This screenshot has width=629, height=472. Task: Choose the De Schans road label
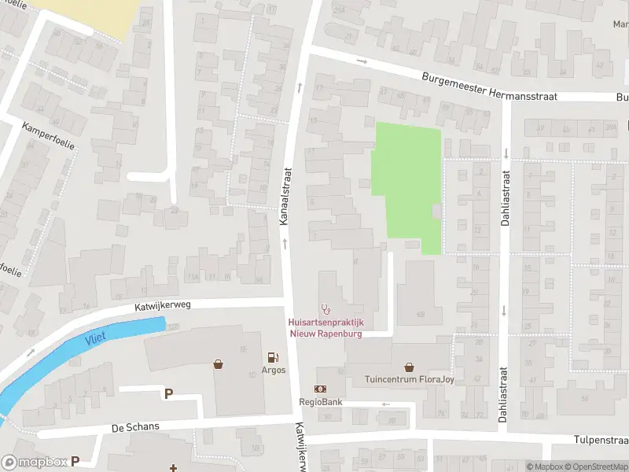tap(135, 426)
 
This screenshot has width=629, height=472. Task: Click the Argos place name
tap(274, 371)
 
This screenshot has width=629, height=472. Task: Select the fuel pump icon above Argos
tap(274, 357)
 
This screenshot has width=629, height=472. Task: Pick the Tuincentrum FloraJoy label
tap(409, 380)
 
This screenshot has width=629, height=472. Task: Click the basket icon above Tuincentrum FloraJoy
tap(409, 367)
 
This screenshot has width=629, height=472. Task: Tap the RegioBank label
tap(321, 402)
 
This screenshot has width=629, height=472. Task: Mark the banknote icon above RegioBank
tap(321, 389)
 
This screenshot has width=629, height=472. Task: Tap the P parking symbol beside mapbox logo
tap(75, 462)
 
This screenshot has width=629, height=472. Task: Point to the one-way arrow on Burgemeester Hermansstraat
tap(362, 61)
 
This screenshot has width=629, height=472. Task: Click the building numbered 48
tap(420, 315)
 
